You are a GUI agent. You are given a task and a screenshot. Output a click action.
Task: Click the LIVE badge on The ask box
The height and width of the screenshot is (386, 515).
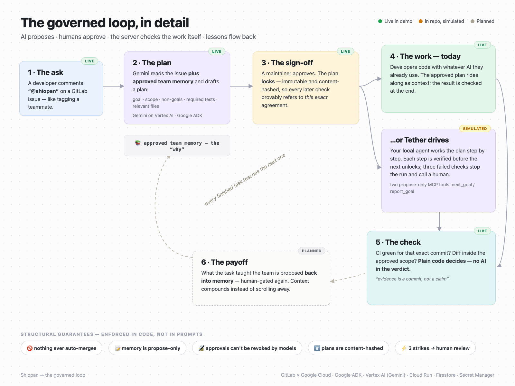point(89,61)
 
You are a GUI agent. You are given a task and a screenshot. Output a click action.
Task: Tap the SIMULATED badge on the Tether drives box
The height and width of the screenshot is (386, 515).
point(475,129)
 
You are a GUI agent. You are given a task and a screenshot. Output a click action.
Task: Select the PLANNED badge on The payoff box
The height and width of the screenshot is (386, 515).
point(312,251)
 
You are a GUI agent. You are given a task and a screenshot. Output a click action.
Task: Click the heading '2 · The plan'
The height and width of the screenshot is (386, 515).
point(152,63)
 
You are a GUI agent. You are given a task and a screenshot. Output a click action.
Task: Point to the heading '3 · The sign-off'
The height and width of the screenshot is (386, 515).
point(287,63)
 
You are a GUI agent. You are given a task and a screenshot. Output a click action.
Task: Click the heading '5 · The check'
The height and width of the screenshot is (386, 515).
point(398,242)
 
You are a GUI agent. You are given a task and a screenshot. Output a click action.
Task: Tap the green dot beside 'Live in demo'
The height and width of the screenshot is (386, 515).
point(380,21)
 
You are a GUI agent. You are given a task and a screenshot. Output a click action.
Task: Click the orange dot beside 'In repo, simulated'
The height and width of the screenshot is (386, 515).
point(420,21)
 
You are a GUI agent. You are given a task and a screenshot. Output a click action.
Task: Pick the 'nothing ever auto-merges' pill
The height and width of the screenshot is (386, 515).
point(61,348)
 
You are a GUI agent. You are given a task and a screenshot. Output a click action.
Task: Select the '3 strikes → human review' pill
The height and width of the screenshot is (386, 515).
point(435,348)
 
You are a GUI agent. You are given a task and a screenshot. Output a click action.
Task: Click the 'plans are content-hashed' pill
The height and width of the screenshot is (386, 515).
point(348,348)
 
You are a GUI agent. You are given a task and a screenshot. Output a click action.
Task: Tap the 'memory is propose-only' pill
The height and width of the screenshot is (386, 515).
point(147,348)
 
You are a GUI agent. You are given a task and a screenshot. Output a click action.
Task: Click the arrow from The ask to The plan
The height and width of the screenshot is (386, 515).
point(114,86)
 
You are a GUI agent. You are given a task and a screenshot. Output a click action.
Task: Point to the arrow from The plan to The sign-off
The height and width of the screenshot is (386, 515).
point(241,86)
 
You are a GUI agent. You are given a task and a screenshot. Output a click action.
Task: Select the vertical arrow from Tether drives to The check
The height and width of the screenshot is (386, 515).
point(439,222)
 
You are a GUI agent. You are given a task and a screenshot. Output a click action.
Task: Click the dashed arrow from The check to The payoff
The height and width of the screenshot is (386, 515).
point(348,278)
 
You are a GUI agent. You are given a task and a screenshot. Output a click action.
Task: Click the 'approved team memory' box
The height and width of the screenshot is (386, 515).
point(177,145)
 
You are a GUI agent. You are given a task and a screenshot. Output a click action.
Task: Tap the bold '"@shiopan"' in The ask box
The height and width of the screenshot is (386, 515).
point(43,91)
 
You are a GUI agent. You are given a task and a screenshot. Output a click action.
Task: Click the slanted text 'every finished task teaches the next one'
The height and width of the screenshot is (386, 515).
point(245,179)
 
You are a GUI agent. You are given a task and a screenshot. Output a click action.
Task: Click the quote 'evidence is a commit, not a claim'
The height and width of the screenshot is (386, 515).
point(412,279)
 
